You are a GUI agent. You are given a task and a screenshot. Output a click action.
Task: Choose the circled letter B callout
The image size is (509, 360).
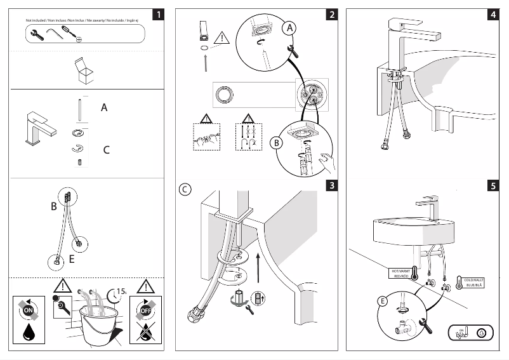[x=276, y=143]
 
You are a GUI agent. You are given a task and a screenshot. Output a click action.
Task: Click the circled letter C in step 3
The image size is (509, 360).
[x=184, y=189]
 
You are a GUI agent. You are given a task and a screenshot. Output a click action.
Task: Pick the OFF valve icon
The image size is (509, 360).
[x=145, y=310]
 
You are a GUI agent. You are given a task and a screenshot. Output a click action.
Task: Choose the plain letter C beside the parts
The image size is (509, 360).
[x=107, y=150]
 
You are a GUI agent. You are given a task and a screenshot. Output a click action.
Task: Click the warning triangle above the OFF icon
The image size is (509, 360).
[x=145, y=286]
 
